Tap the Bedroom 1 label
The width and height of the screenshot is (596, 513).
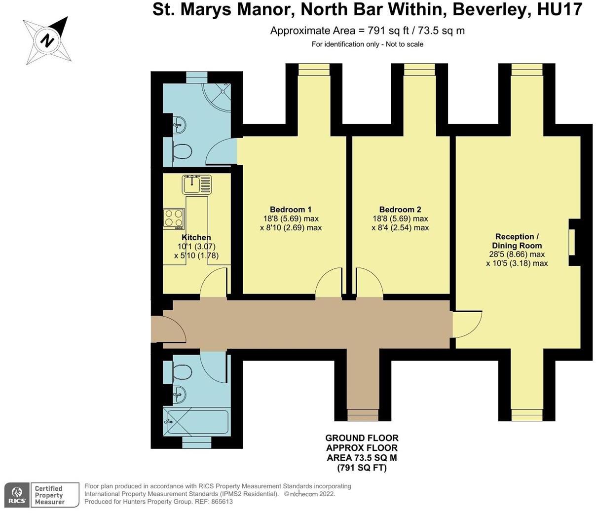(291, 209)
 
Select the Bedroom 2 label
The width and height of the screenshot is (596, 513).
(400, 209)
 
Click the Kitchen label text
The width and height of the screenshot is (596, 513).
(196, 237)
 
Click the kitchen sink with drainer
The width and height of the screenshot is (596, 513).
(197, 184)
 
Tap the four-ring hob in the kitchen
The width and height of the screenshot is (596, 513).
(174, 218)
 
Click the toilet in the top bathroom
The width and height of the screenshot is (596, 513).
(181, 152)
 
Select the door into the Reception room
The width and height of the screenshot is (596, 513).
(467, 324)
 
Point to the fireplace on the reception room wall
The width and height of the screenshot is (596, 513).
(572, 242)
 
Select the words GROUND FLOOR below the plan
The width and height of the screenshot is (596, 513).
(362, 438)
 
